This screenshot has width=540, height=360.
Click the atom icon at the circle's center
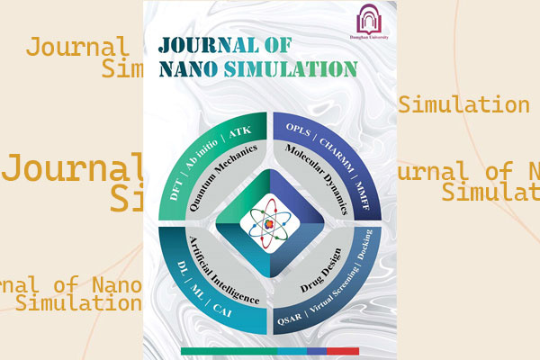[271, 222]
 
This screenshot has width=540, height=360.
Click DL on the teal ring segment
[175, 264]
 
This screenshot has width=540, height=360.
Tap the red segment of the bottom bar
[343, 349]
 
